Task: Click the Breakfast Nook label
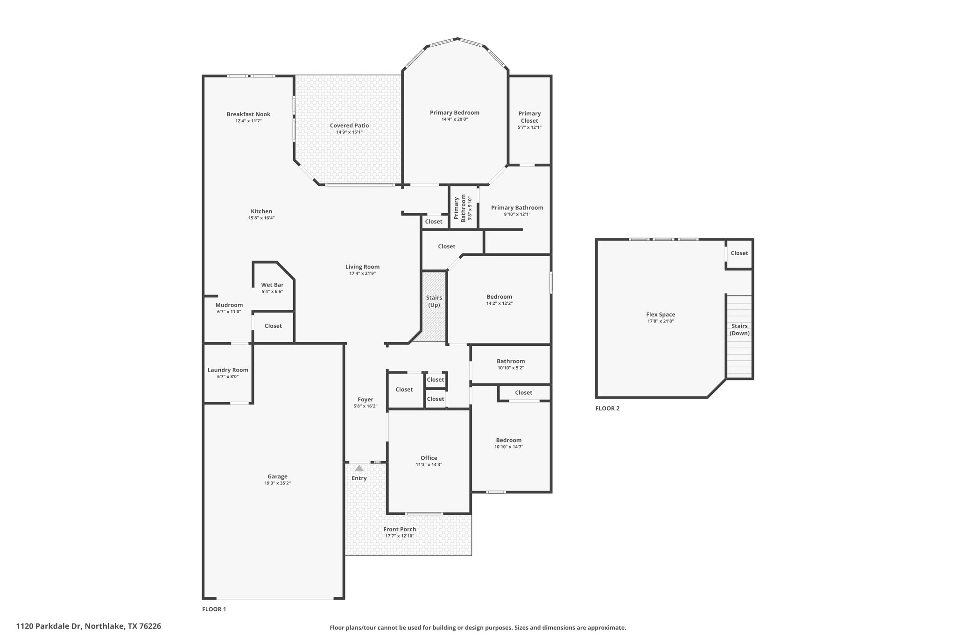[x=248, y=114]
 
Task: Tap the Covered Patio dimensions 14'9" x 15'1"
[x=349, y=132]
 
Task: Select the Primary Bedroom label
[x=455, y=112]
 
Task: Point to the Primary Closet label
[x=529, y=117]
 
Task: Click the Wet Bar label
[x=272, y=285]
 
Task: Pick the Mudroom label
[x=229, y=305]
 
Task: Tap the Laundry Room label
[x=228, y=370]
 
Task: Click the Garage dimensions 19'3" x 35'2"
[x=277, y=483]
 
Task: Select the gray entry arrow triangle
[x=359, y=468]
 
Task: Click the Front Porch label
[x=400, y=529]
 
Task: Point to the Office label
[x=429, y=458]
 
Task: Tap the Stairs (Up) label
[x=434, y=301]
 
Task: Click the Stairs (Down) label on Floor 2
[x=739, y=329]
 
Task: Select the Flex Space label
[x=661, y=315]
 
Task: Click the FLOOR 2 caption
[x=607, y=408]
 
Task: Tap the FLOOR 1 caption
[x=214, y=609]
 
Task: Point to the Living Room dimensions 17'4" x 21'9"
[x=362, y=273]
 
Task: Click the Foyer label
[x=366, y=399]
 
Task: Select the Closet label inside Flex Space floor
[x=739, y=253]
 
